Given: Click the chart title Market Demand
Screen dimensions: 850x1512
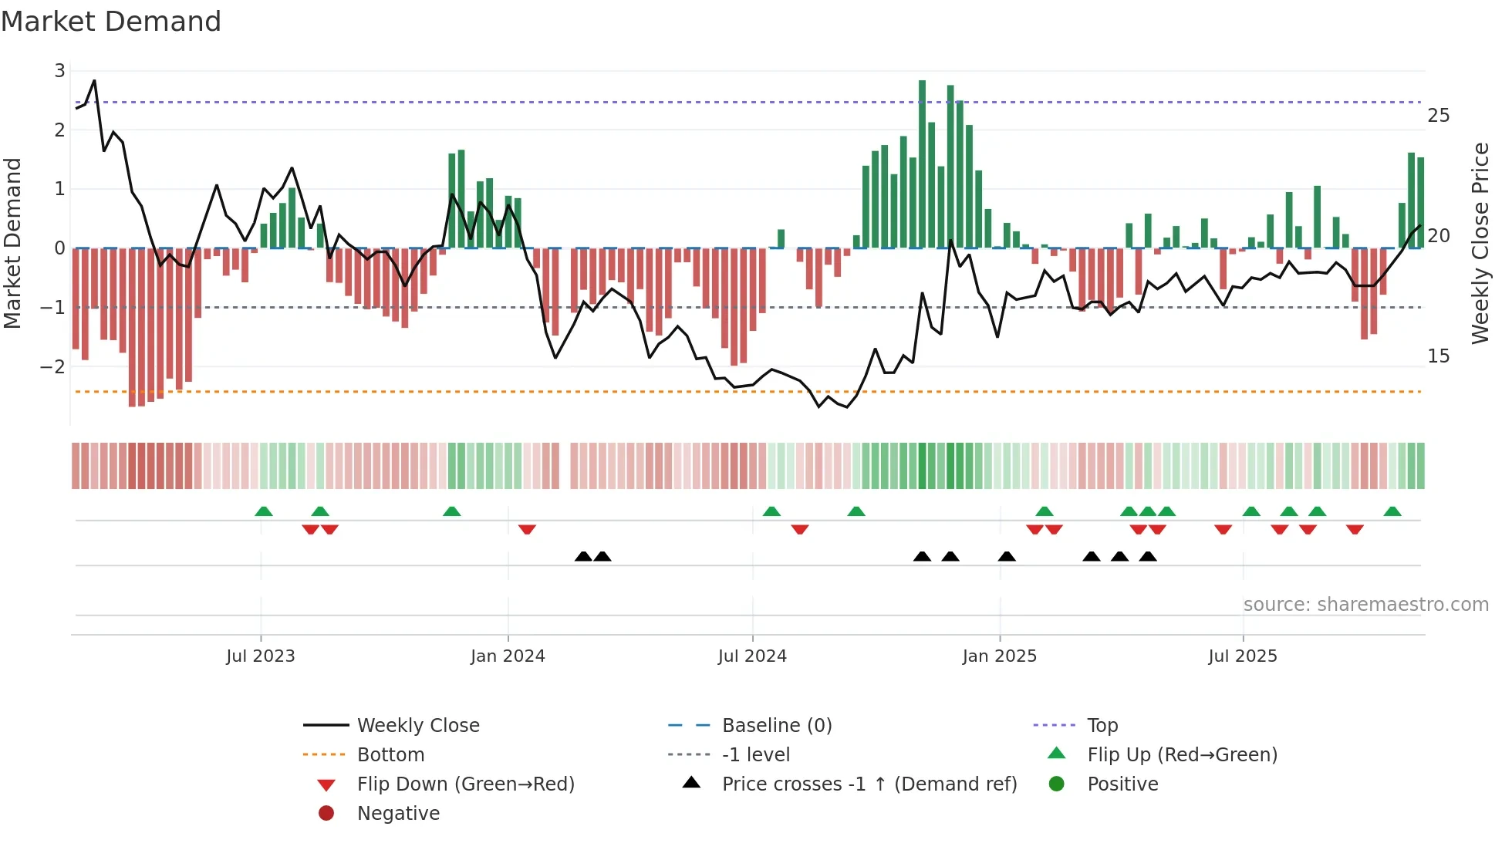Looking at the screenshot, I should pos(111,22).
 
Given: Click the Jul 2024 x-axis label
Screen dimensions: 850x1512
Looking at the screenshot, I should pos(752,656).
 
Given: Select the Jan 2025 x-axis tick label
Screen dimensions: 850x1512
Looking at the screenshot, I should pos(1000,656).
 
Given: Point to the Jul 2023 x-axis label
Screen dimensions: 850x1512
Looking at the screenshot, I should pos(261,656).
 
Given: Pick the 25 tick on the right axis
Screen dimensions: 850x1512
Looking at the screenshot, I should pos(1439,116).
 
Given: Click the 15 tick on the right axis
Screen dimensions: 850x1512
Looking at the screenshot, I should pos(1439,356).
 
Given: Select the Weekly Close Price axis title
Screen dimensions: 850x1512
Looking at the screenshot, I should pos(1480,243).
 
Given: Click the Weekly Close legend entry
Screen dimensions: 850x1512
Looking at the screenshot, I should pos(418,726).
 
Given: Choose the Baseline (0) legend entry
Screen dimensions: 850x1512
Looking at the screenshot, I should pos(777,726).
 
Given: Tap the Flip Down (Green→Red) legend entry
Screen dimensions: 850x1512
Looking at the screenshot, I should pos(465,784).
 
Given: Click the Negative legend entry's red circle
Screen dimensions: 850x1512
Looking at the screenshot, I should pos(326,814).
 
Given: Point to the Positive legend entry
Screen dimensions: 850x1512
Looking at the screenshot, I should pos(1122,784).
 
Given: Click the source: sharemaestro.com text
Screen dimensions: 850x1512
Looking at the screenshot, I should pos(1365,605).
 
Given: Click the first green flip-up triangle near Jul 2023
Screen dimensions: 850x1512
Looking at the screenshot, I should pos(264,511).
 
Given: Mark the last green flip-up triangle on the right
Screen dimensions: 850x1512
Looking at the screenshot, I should pos(1392,511).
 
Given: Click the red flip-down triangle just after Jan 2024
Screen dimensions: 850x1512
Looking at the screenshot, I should pos(527,530).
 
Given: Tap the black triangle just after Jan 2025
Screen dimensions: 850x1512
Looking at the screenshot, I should pos(1007,556).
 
